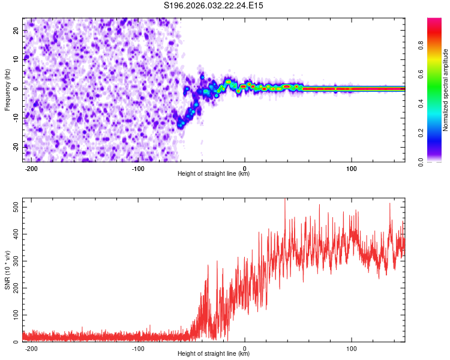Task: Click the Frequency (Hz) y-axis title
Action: tap(7, 90)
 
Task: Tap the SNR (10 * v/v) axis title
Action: tap(7, 270)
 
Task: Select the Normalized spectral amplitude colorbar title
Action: tap(446, 90)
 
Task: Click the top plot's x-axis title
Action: tap(214, 174)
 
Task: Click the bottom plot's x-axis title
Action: tap(214, 354)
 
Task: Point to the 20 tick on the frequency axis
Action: tap(16, 29)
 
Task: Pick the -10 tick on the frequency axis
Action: tap(14, 118)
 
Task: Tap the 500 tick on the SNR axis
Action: tap(14, 206)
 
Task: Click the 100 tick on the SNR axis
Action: tap(14, 314)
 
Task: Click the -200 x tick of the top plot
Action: tap(32, 168)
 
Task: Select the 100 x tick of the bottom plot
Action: tap(351, 348)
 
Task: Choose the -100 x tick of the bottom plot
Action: tap(138, 348)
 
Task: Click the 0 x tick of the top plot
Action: tap(245, 168)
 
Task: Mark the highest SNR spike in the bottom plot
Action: tap(285, 200)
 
